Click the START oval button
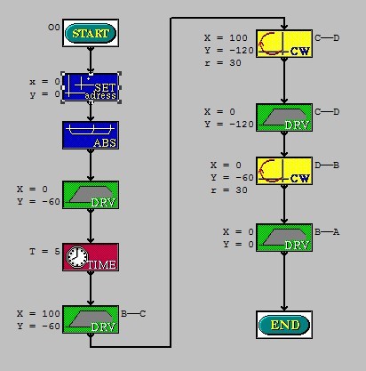pyautogui.click(x=91, y=33)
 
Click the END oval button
pyautogui.click(x=284, y=325)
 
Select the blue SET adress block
pyautogui.click(x=91, y=87)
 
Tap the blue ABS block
pyautogui.click(x=91, y=135)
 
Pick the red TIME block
pyautogui.click(x=91, y=257)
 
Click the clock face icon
pyautogui.click(x=77, y=257)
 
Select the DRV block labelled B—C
pyautogui.click(x=91, y=319)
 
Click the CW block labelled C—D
pyautogui.click(x=284, y=44)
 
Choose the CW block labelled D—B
pyautogui.click(x=284, y=171)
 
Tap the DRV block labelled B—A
pyautogui.click(x=284, y=238)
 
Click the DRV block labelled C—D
pyautogui.click(x=284, y=117)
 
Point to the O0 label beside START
pyautogui.click(x=54, y=28)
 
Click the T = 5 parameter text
pyautogui.click(x=44, y=252)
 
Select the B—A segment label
pyautogui.click(x=327, y=231)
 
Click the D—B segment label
pyautogui.click(x=327, y=165)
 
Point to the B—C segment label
pyautogui.click(x=133, y=313)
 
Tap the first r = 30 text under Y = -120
pyautogui.click(x=223, y=63)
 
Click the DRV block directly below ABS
pyautogui.click(x=91, y=195)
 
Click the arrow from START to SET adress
pyautogui.click(x=91, y=60)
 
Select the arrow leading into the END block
pyautogui.click(x=284, y=281)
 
